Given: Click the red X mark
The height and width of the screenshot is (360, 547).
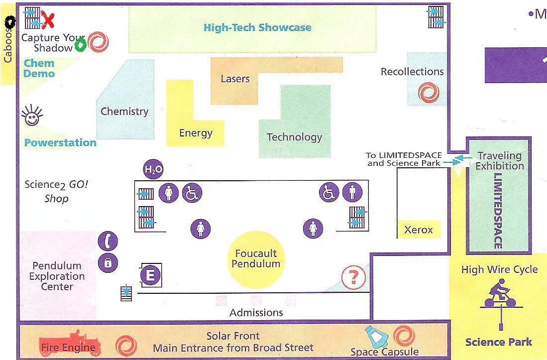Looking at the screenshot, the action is [x=48, y=19].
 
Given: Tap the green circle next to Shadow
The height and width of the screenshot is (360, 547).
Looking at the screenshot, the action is [x=81, y=45].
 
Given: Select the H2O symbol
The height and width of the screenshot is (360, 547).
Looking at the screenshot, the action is [x=153, y=169].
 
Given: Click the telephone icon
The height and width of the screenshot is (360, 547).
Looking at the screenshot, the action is [x=108, y=241].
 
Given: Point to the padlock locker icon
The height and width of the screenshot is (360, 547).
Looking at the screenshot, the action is [x=108, y=263].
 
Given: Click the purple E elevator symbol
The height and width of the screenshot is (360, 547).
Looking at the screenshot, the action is [x=150, y=275].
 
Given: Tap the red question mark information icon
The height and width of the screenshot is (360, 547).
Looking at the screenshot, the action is [x=353, y=277].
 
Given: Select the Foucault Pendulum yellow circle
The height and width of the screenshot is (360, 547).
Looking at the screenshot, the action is [x=256, y=259].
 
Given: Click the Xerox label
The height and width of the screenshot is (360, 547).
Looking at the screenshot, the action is [x=418, y=230].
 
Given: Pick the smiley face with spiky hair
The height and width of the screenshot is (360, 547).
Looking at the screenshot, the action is [x=32, y=116].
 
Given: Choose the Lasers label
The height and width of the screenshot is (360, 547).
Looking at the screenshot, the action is [x=235, y=79].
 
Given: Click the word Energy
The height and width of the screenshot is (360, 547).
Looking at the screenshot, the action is [x=196, y=133].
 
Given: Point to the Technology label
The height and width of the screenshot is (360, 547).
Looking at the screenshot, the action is [x=295, y=137].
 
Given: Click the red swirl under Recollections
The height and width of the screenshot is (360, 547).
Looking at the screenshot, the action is [x=429, y=93].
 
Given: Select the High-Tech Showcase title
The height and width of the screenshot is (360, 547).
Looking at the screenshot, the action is [x=257, y=27].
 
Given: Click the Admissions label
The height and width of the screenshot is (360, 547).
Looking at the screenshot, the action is [x=256, y=313].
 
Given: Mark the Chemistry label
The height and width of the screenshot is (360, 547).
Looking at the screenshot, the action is [x=124, y=112].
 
